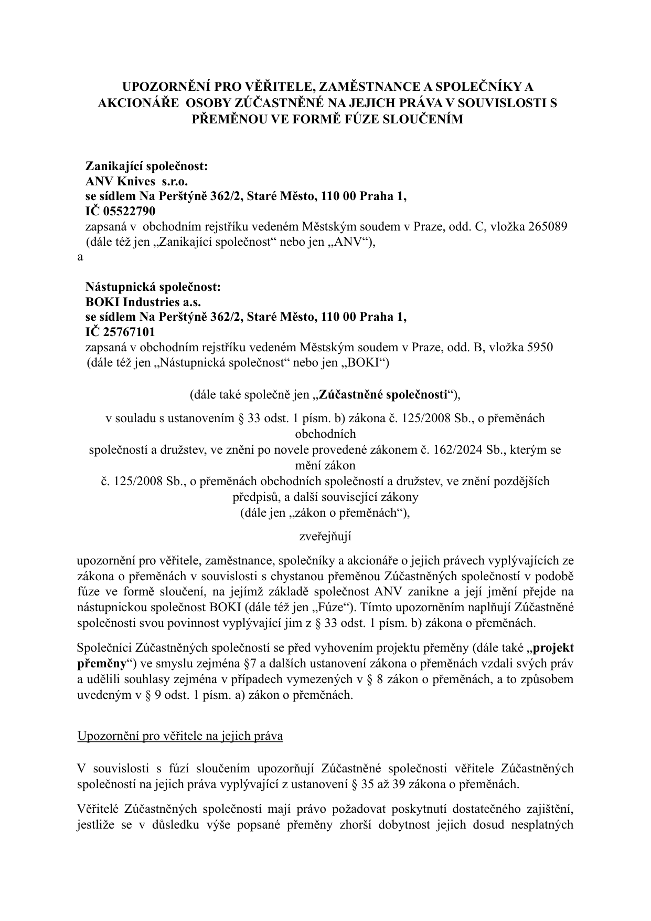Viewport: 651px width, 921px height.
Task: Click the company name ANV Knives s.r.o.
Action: click(136, 181)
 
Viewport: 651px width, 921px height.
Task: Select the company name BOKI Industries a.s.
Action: click(143, 302)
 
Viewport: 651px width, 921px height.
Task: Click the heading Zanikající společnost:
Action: click(147, 166)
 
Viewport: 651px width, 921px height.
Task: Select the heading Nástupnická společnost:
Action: click(153, 287)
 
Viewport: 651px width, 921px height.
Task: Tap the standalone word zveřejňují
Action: click(325, 537)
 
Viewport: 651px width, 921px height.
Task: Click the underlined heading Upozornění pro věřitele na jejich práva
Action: click(180, 736)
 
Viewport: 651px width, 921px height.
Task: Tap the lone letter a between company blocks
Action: click(80, 257)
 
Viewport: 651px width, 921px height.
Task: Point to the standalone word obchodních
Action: click(325, 434)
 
